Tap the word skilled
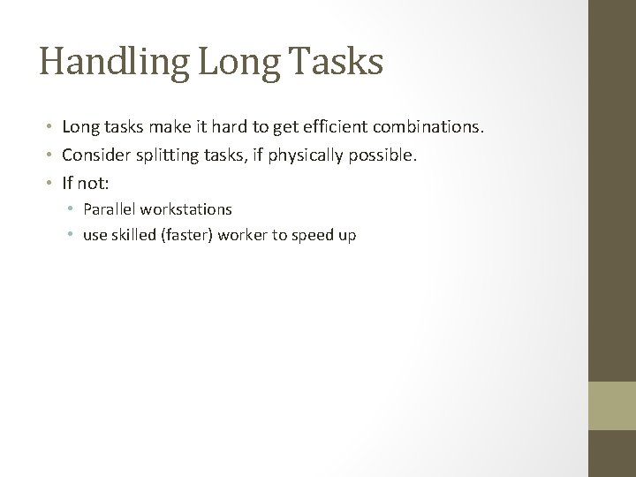[128, 236]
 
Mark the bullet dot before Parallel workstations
[74, 210]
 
